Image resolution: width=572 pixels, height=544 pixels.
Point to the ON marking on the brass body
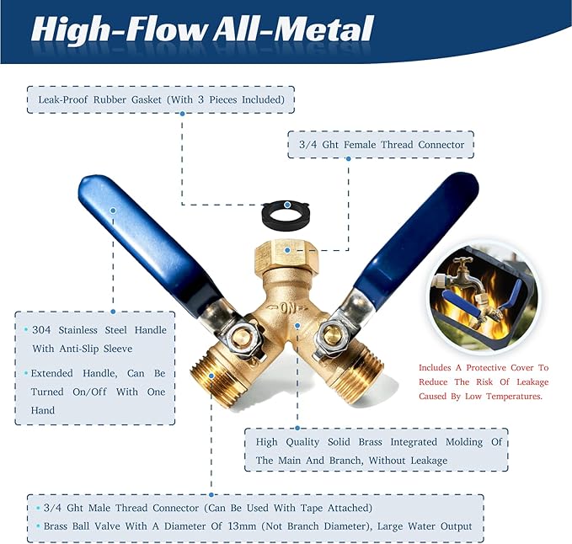287,308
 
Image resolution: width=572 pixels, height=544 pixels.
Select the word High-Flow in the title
120,30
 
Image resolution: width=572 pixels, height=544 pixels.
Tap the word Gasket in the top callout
147,100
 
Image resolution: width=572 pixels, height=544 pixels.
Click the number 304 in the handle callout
41,330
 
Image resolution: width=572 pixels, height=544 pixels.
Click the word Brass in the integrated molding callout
370,442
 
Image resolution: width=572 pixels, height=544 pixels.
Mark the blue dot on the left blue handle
113,211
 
